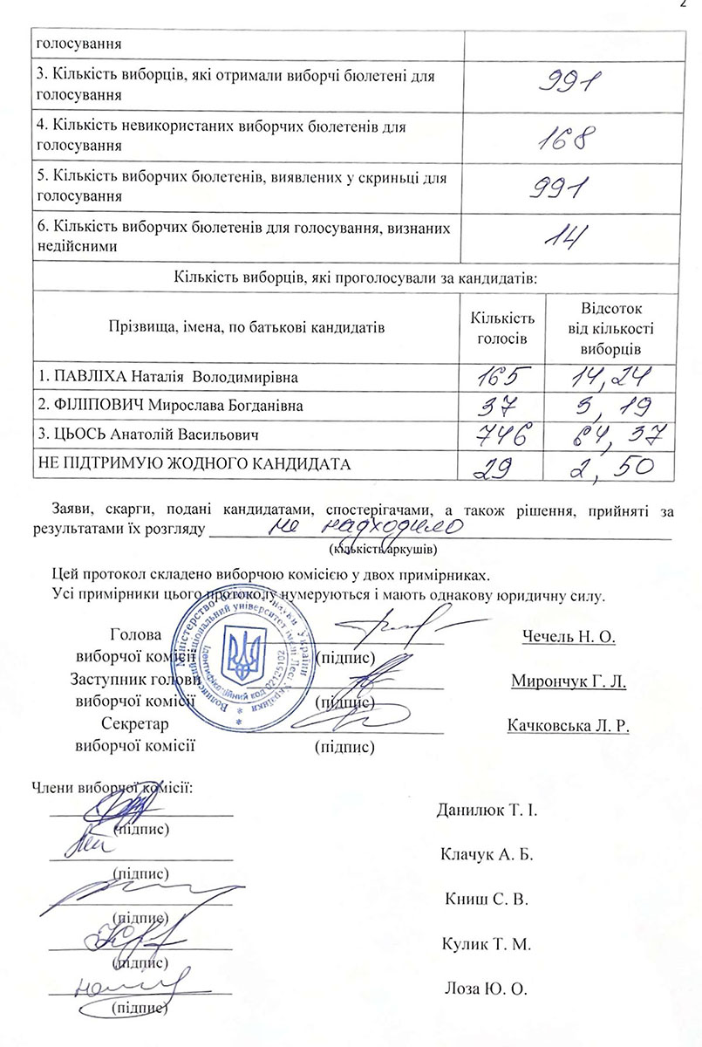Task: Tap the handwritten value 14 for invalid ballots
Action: pyautogui.click(x=566, y=236)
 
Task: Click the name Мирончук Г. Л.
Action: pyautogui.click(x=569, y=681)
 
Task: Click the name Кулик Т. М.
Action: pyautogui.click(x=482, y=944)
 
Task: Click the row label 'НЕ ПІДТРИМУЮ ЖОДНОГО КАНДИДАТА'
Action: pyautogui.click(x=194, y=463)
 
